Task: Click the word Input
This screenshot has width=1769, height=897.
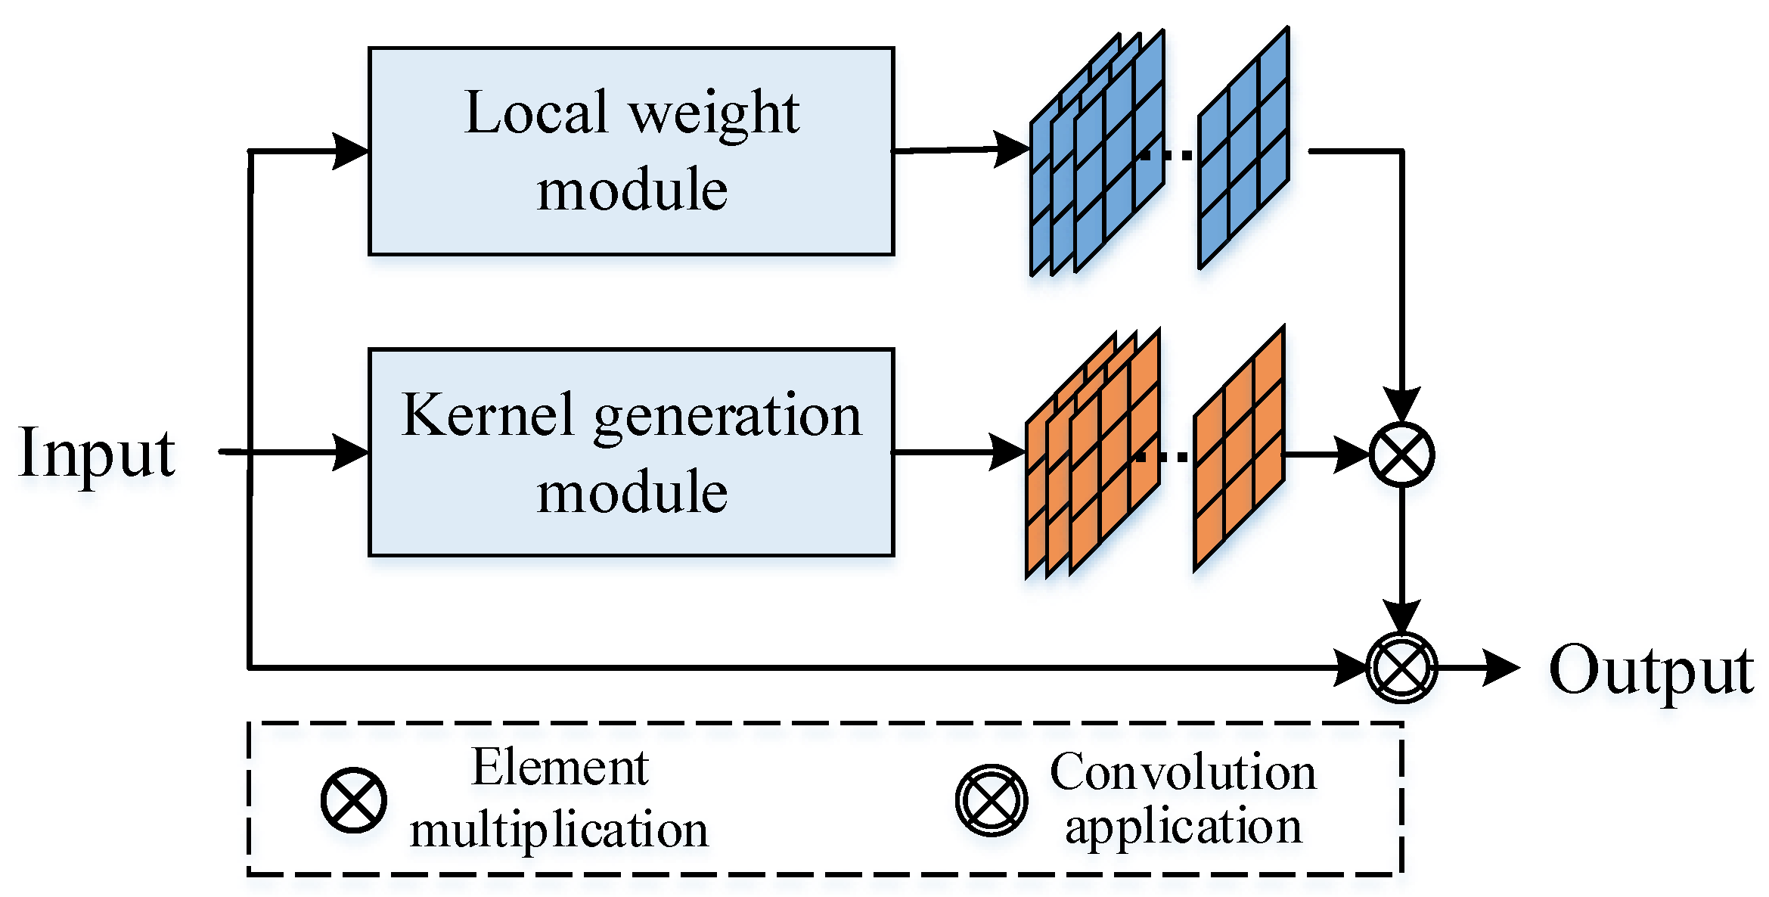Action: coord(97,454)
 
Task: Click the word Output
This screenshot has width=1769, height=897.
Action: coord(1651,671)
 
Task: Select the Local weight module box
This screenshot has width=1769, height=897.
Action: coord(631,151)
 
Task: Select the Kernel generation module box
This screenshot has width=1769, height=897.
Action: coord(631,452)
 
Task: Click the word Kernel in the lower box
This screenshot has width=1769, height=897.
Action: coord(487,415)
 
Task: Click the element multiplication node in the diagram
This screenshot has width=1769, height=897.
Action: coord(1401,455)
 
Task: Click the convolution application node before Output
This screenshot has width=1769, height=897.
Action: coord(1401,668)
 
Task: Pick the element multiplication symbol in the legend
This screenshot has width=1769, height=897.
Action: coord(353,800)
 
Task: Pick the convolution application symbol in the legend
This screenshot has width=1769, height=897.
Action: coord(991,800)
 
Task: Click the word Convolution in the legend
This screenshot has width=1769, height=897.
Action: coord(1183,773)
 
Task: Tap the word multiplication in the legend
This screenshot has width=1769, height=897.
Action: coord(559,830)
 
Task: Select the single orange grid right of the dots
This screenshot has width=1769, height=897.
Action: coord(1239,449)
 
